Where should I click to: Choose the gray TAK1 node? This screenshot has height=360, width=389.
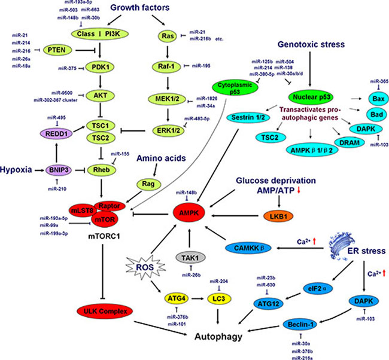point(191,258)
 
